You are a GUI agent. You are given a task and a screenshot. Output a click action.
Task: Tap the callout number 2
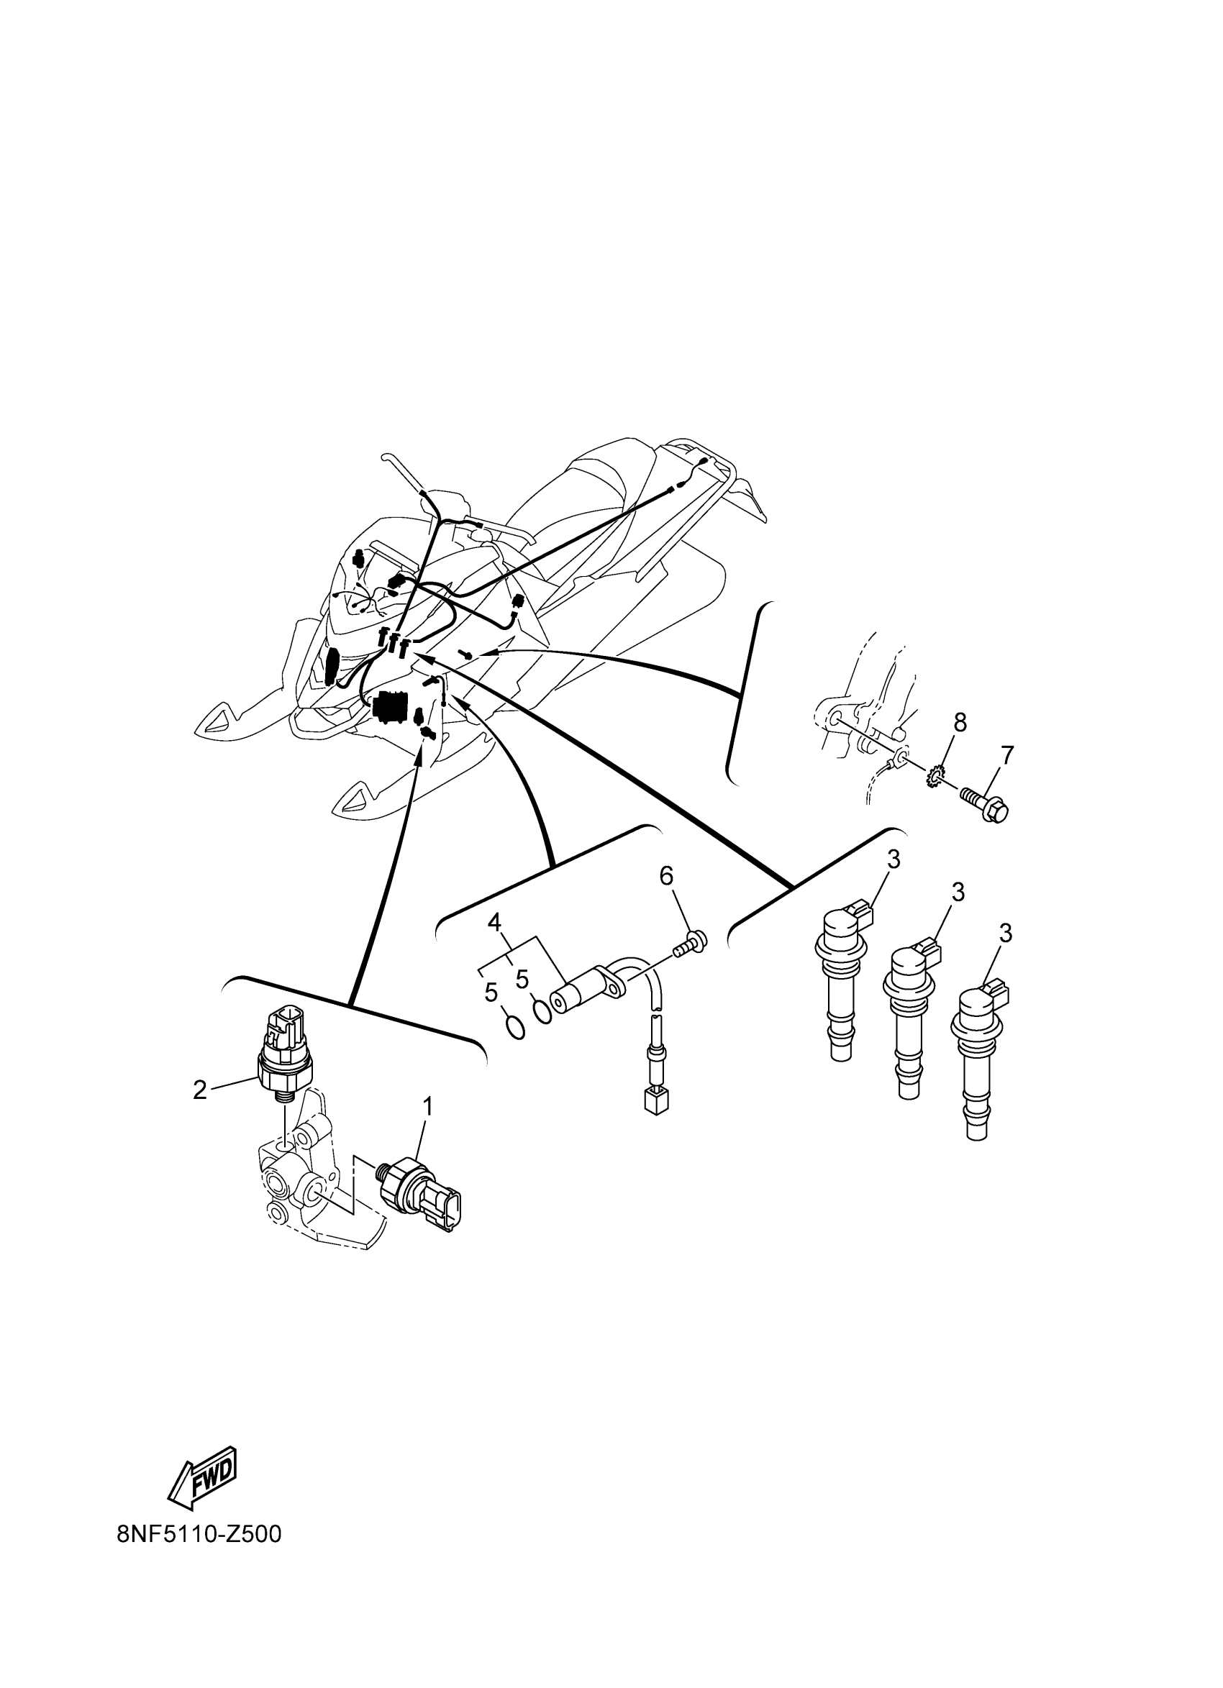[199, 1090]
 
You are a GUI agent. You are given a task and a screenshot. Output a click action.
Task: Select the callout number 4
[494, 923]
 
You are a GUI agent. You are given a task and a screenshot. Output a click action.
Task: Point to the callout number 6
[666, 877]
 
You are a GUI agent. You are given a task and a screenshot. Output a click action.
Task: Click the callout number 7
[1006, 755]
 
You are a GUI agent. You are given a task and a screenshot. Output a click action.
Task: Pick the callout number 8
[960, 722]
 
